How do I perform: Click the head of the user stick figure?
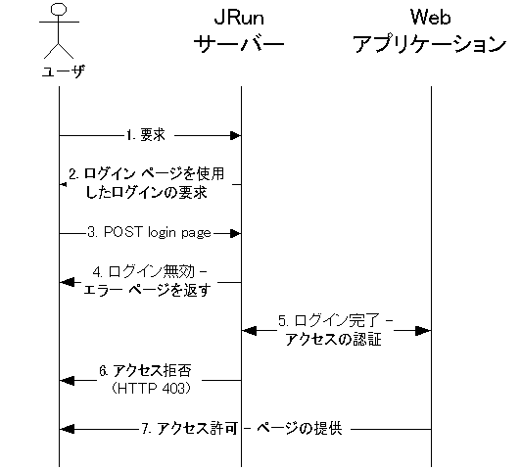pyautogui.click(x=59, y=9)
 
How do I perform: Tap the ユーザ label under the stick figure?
pyautogui.click(x=63, y=71)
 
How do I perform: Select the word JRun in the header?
pyautogui.click(x=239, y=18)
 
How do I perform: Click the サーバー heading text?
pyautogui.click(x=239, y=44)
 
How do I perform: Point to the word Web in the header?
pyautogui.click(x=430, y=17)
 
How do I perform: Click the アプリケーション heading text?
pyautogui.click(x=430, y=44)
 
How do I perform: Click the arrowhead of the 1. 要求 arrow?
pyautogui.click(x=236, y=135)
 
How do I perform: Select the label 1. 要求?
pyautogui.click(x=146, y=135)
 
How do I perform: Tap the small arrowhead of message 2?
pyautogui.click(x=63, y=184)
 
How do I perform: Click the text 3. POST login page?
pyautogui.click(x=149, y=232)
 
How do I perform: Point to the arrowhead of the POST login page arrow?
pyautogui.click(x=236, y=233)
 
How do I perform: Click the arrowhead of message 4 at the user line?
pyautogui.click(x=68, y=282)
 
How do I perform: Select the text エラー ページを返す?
pyautogui.click(x=147, y=290)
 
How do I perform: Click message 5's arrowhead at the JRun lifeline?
pyautogui.click(x=249, y=331)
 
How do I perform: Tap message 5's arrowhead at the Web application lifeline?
pyautogui.click(x=423, y=331)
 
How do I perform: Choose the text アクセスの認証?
pyautogui.click(x=334, y=340)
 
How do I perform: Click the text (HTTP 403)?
pyautogui.click(x=151, y=389)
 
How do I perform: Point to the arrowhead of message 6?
pyautogui.click(x=68, y=380)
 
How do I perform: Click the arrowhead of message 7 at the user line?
pyautogui.click(x=68, y=429)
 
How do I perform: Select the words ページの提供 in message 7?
pyautogui.click(x=300, y=429)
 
